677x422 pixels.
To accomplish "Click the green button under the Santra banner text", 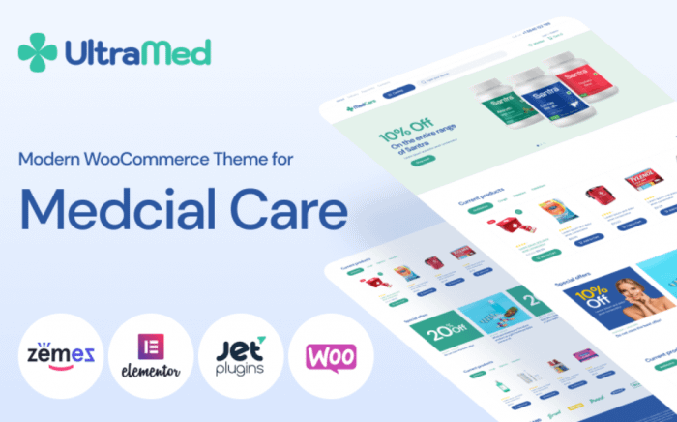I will pyautogui.click(x=421, y=162).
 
